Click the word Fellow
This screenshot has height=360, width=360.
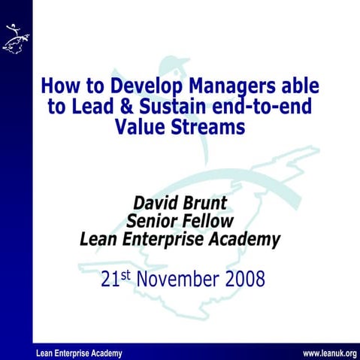pyautogui.click(x=210, y=222)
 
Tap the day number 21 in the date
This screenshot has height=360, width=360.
pyautogui.click(x=110, y=281)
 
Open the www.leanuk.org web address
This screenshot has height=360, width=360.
pyautogui.click(x=328, y=353)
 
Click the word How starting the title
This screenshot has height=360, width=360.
pyautogui.click(x=58, y=86)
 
